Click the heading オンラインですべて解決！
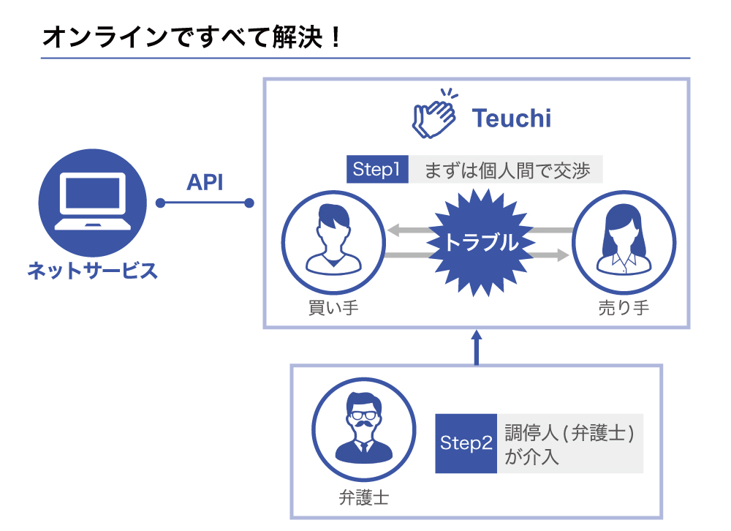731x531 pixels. tap(192, 37)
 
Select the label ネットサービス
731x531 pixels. tap(92, 271)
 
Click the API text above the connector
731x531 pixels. tap(205, 183)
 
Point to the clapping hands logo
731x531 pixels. tap(433, 114)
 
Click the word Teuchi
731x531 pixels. tap(511, 118)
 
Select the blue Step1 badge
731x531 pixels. tap(376, 170)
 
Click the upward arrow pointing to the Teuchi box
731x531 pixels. tap(476, 347)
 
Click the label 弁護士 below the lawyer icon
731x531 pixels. tap(363, 499)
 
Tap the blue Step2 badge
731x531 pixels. tap(466, 443)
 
